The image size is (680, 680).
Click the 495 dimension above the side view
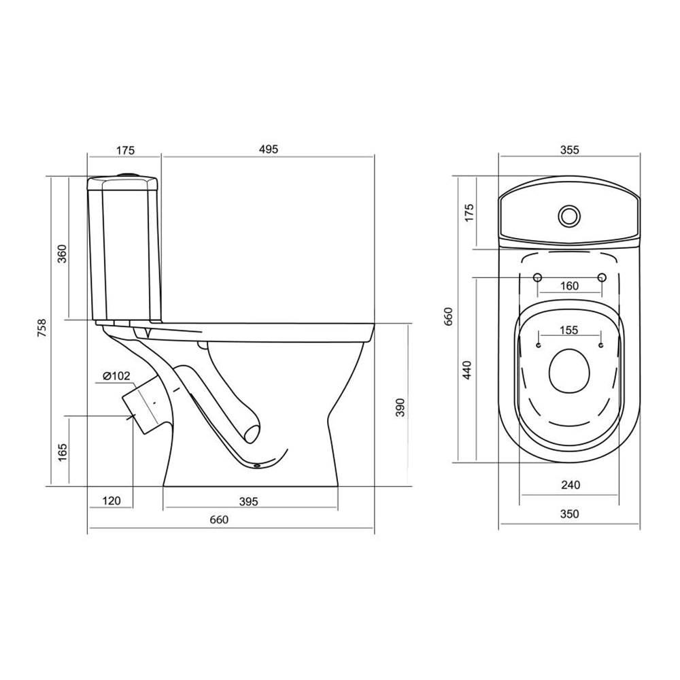tap(269, 149)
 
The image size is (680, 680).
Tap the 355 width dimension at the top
tap(569, 150)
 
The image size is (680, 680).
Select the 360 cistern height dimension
tap(63, 254)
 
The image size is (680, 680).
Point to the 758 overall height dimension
tap(41, 328)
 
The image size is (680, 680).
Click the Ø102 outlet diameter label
tap(116, 376)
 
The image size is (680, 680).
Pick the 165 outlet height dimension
tap(63, 452)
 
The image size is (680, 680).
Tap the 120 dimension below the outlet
tap(112, 501)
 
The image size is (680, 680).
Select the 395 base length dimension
tap(248, 501)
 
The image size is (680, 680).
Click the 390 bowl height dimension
tap(400, 407)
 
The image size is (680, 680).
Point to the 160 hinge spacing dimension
tap(569, 286)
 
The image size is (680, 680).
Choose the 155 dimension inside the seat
tap(568, 330)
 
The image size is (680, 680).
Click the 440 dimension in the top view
tap(466, 370)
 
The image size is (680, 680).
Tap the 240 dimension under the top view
tap(571, 485)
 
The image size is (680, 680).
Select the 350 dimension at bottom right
tap(569, 514)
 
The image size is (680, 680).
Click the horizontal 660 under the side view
tap(219, 519)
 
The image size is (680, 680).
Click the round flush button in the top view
tap(569, 216)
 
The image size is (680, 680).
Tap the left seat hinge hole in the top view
tap(538, 277)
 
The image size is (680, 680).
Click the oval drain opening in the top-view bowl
tap(570, 372)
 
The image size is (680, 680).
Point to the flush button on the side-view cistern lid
tap(128, 174)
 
